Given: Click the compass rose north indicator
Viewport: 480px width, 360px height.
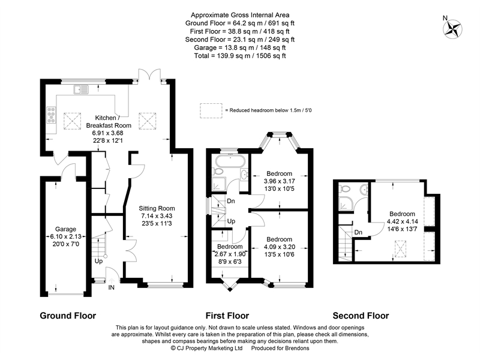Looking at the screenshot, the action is pos(453,29).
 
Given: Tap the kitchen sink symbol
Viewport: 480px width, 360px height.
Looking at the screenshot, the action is pos(81,89).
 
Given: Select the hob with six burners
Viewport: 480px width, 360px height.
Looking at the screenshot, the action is pos(51,115).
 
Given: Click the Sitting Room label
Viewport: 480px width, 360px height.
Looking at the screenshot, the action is pos(157,208).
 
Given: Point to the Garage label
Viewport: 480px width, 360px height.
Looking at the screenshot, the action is pos(65,229).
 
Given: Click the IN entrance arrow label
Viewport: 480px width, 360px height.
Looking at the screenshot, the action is pos(112,287).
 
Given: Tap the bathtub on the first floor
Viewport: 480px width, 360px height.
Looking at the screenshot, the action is pos(230,160).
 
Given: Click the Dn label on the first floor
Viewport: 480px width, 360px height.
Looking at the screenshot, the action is pos(231,201).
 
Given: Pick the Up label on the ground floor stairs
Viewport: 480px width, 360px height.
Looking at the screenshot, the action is pos(98,261).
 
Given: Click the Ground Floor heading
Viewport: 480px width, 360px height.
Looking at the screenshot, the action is pos(68,316).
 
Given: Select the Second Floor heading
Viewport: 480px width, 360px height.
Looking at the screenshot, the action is pos(361,316).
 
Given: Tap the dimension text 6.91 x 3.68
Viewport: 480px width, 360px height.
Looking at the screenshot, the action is pos(108,133).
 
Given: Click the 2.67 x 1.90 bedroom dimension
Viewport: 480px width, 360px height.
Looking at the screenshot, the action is pos(230,254).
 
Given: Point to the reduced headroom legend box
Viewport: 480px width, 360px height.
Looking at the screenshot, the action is pos(211,110).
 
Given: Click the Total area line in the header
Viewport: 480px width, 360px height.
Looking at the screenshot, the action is pos(240,56).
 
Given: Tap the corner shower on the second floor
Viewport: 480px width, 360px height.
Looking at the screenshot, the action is pos(346,203).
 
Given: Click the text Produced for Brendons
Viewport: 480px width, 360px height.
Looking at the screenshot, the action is pos(280,348).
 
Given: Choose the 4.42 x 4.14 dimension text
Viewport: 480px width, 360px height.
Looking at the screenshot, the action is pos(402,221).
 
